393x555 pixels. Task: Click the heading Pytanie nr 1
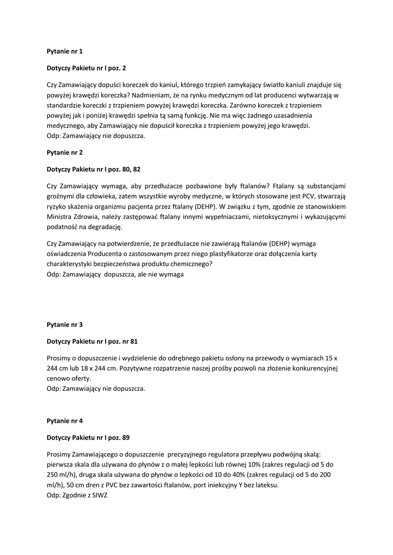65,52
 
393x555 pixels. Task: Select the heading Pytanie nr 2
65,153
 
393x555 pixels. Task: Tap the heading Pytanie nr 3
65,325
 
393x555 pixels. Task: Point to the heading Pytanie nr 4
65,420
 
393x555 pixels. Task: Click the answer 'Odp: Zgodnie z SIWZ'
77,495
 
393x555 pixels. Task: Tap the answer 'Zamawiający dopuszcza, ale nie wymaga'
115,274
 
